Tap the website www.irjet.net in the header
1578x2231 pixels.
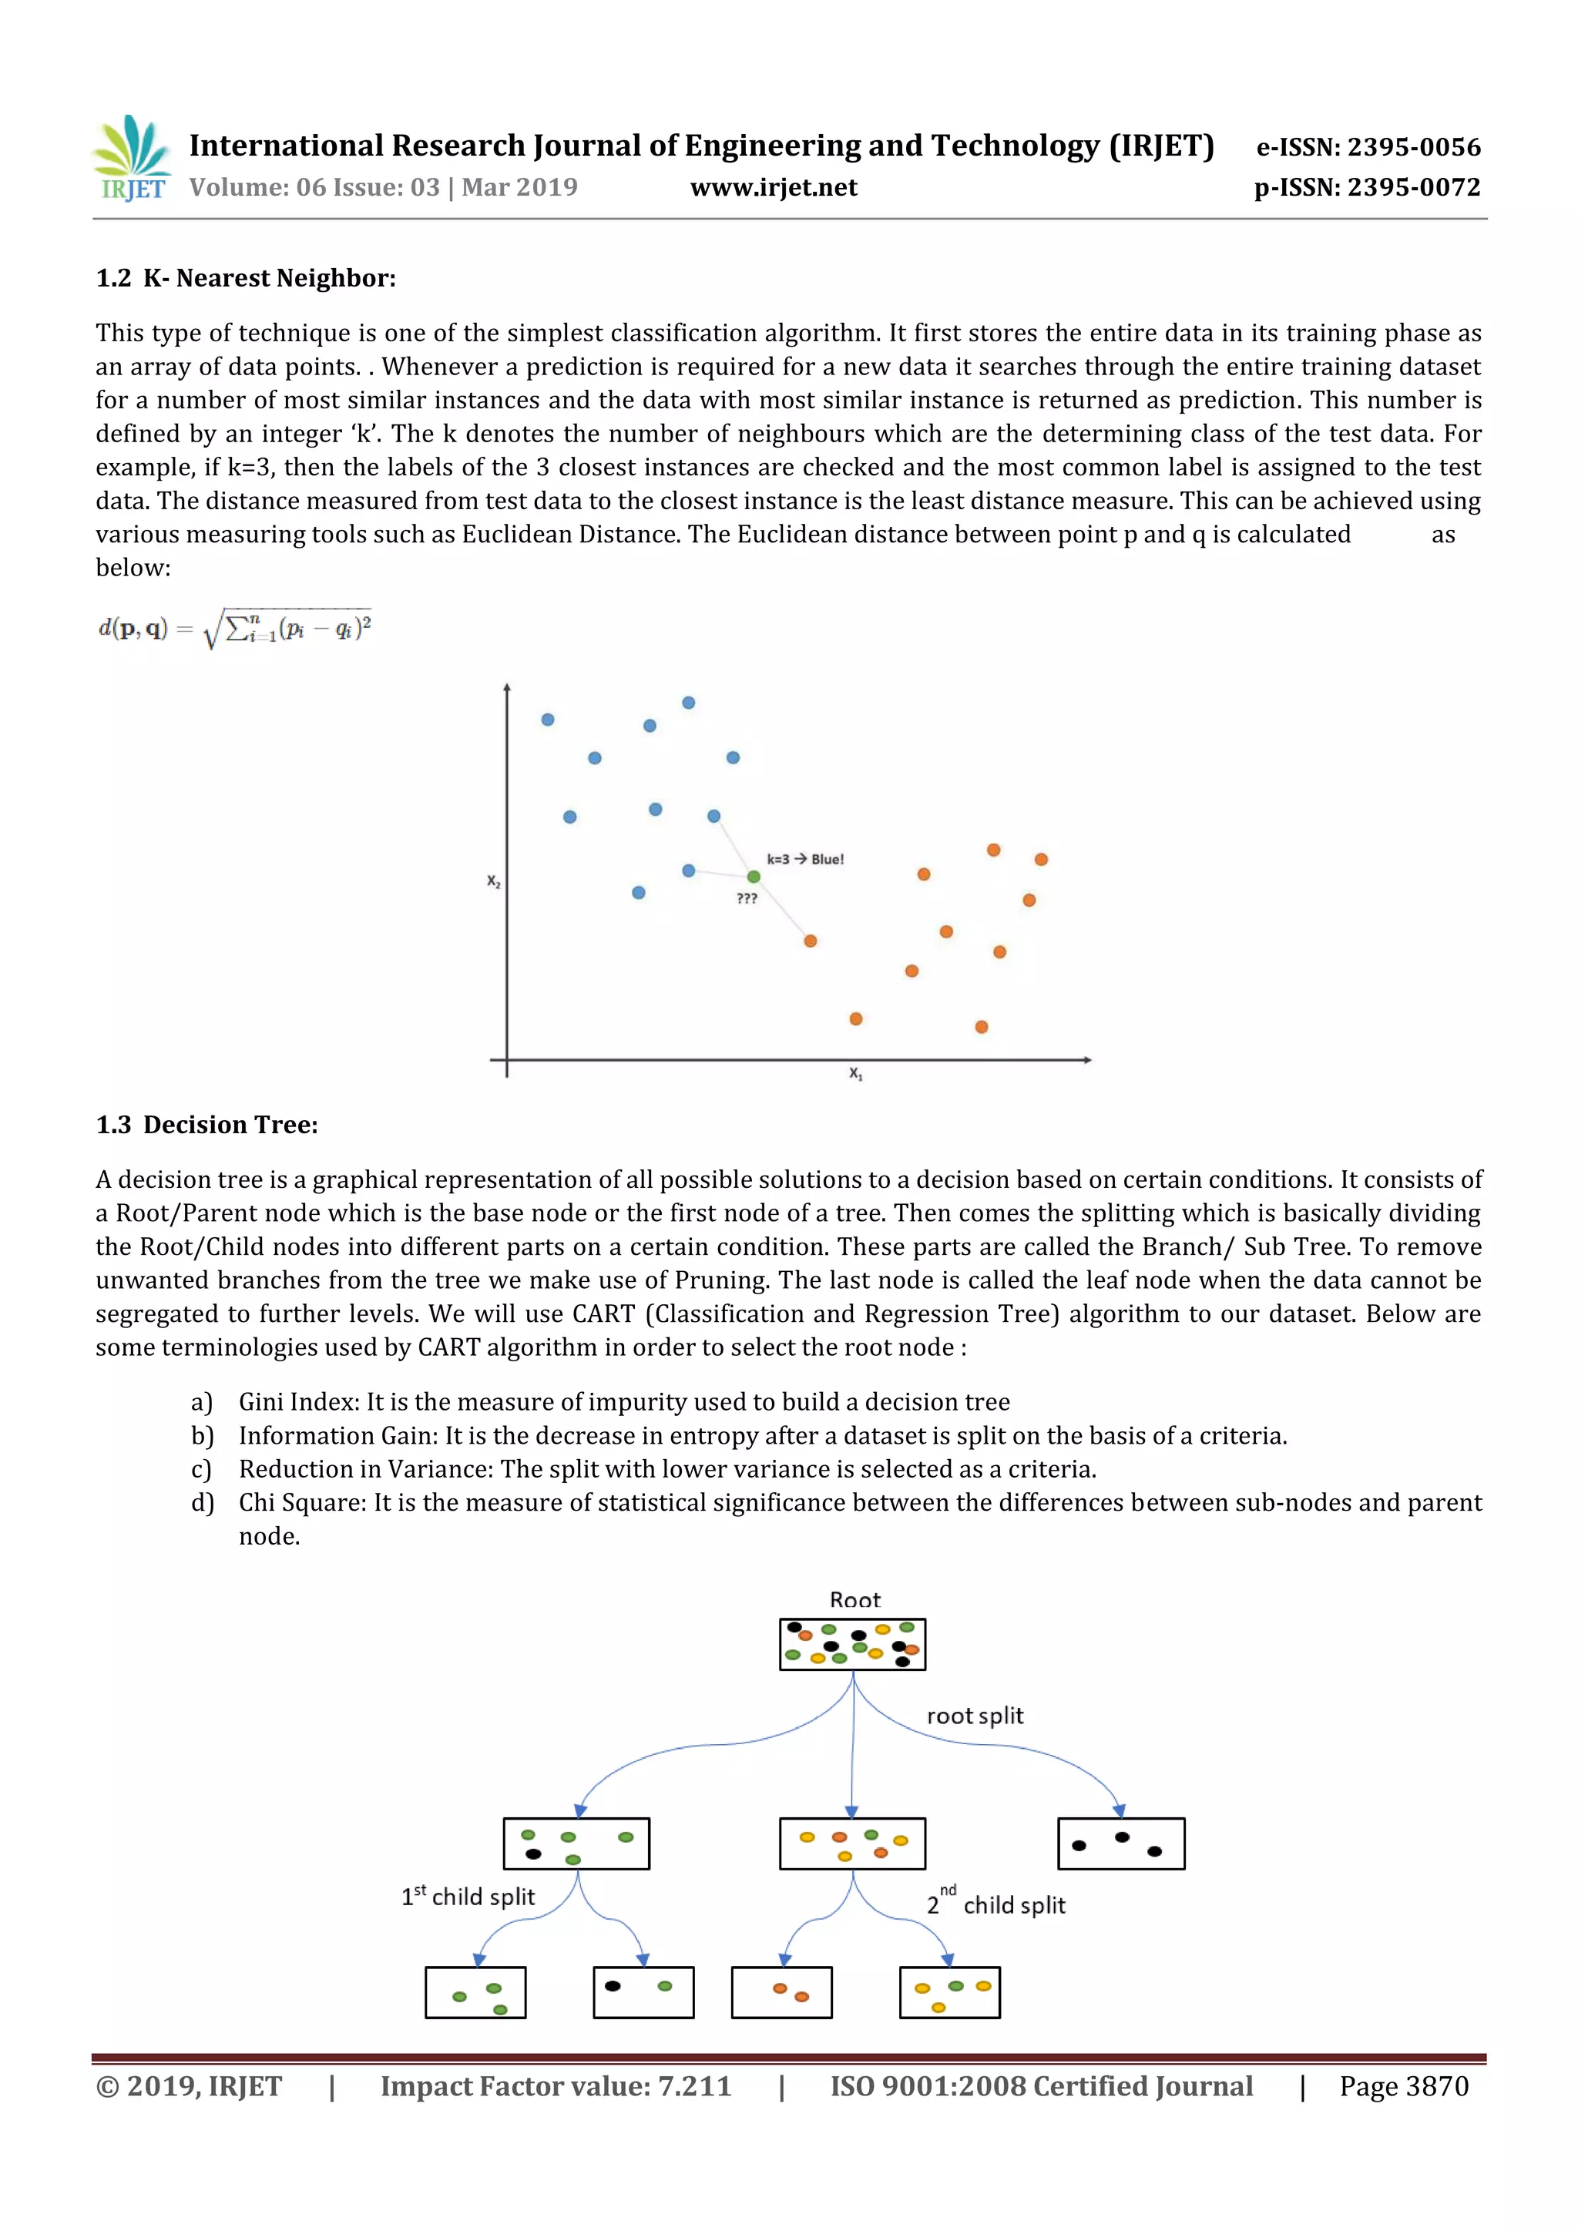tap(774, 187)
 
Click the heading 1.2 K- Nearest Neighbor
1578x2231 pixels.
tap(246, 278)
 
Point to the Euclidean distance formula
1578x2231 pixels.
tap(234, 629)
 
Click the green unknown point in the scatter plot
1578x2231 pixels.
tap(753, 877)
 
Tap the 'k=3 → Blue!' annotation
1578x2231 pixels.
tap(805, 859)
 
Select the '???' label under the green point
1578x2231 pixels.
tap(747, 899)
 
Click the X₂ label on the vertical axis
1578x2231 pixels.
tap(494, 881)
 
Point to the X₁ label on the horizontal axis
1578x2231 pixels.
tap(855, 1074)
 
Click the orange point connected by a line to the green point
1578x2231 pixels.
tap(811, 941)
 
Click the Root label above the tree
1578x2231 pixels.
tap(854, 1599)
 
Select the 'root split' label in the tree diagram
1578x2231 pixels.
tap(975, 1715)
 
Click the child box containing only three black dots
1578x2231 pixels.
tap(1120, 1844)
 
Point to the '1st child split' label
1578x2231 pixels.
tap(468, 1896)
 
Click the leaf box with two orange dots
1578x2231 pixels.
tap(781, 1992)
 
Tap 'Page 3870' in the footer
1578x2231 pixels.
tap(1403, 2086)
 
